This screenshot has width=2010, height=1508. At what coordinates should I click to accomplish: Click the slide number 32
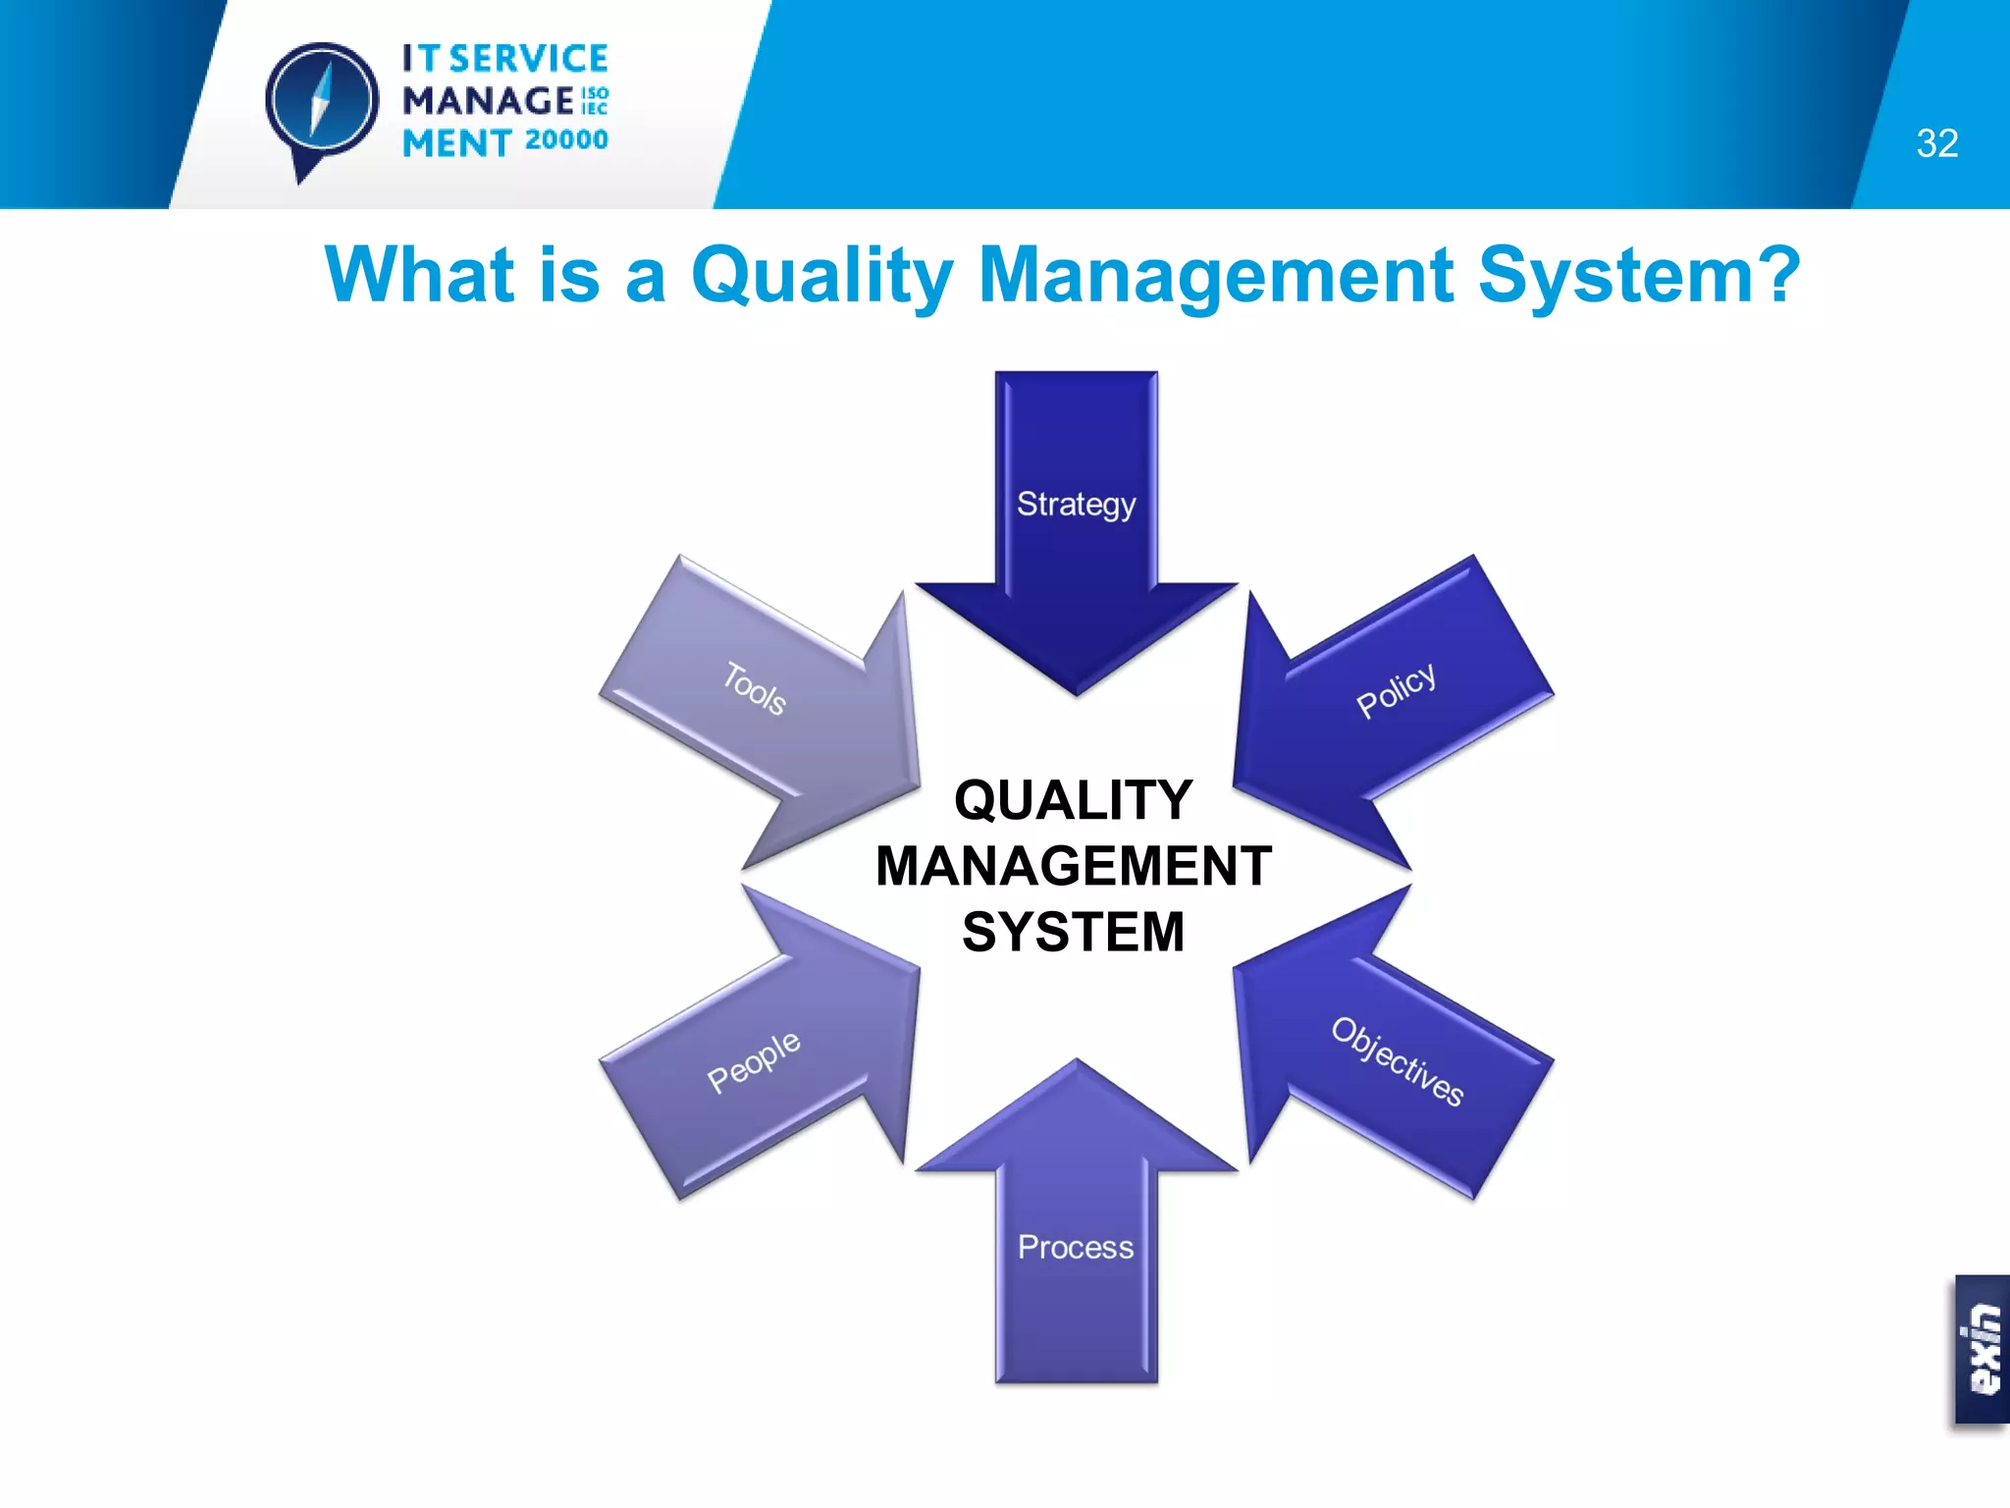(1936, 143)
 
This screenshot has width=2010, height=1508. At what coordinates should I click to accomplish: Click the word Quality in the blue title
(821, 275)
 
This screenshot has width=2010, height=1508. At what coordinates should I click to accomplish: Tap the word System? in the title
(1638, 275)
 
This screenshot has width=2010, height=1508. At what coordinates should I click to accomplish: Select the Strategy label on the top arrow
(1076, 505)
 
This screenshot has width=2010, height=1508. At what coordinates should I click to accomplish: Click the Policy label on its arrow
(1396, 690)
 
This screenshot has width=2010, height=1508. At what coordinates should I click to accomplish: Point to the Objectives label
(1398, 1062)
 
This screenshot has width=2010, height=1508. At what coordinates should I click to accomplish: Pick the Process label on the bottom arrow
(1076, 1247)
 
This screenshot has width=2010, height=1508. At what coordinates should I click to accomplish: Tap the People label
(754, 1061)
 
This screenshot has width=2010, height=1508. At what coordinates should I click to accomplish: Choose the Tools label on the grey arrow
(755, 688)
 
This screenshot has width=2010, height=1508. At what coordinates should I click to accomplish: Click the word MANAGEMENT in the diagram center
(1074, 866)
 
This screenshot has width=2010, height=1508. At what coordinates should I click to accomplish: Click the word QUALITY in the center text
(1074, 800)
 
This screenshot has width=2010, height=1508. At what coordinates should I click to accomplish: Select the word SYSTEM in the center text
(1074, 932)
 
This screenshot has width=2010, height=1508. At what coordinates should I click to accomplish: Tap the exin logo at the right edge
(1983, 1349)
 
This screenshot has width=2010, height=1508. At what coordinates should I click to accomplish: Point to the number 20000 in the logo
(566, 140)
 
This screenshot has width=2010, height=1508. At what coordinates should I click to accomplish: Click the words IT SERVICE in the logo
(505, 59)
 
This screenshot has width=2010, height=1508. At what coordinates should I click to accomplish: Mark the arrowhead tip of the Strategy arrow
(1077, 691)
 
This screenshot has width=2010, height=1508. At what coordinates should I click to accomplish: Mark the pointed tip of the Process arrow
(1077, 1062)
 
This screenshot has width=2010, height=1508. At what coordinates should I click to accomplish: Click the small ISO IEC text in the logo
(595, 100)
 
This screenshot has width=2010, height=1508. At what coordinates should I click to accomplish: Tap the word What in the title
(419, 275)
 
